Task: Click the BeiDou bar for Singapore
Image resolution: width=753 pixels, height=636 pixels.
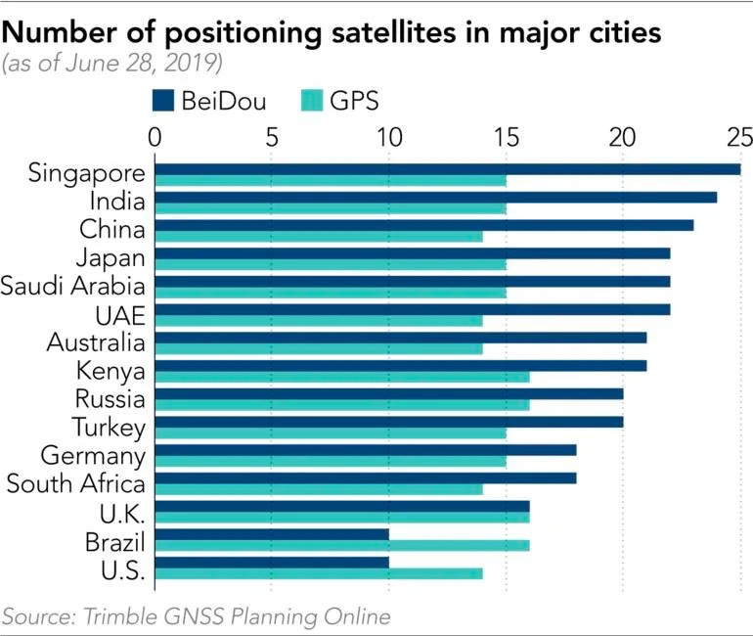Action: pos(447,168)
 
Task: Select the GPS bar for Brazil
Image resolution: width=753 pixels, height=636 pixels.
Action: pos(341,545)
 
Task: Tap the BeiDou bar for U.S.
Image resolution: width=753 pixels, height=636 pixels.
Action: pos(272,562)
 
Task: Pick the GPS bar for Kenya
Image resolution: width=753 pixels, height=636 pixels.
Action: pos(341,377)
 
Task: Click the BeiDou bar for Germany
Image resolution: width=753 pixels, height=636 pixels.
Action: pos(365,449)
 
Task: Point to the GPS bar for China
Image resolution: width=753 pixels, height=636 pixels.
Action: pos(318,236)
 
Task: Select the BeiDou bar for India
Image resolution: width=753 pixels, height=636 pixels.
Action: pos(435,197)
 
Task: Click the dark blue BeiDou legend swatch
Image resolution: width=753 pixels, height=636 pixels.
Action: pos(162,101)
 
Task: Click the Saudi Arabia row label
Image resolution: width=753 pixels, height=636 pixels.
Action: pos(73,287)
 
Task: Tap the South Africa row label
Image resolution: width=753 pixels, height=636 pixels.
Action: pos(75,483)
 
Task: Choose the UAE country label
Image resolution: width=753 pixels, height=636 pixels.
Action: pos(119,315)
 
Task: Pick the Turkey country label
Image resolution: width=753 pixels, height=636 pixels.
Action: pos(109,428)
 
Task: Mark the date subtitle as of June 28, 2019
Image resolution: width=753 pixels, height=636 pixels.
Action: pos(112,65)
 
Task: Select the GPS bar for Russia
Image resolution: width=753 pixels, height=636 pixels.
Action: pos(341,405)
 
